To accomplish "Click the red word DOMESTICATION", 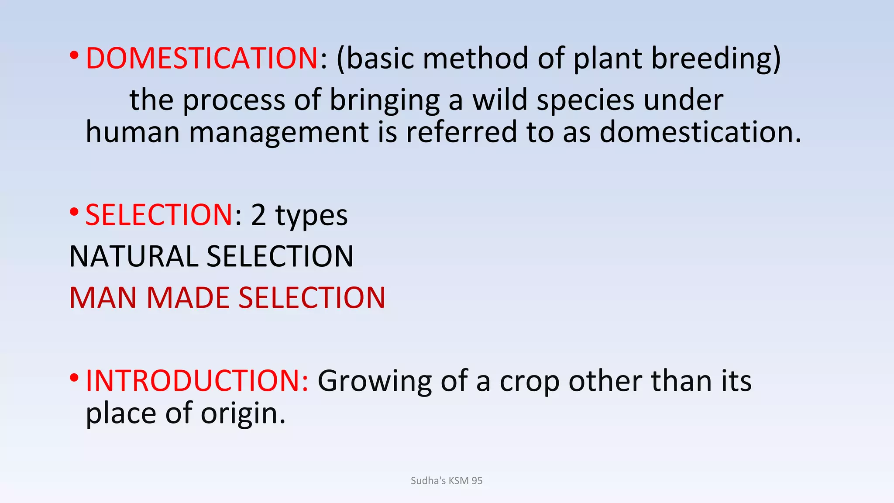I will (201, 58).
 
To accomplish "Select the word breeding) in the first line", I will (715, 59).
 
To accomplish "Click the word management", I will (279, 133).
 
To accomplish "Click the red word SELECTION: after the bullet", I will (159, 215).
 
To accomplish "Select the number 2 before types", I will (258, 215).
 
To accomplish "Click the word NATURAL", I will (133, 256).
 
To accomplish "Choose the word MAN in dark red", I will (103, 298).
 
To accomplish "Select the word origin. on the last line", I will (243, 414).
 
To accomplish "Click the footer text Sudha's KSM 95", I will (447, 481).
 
